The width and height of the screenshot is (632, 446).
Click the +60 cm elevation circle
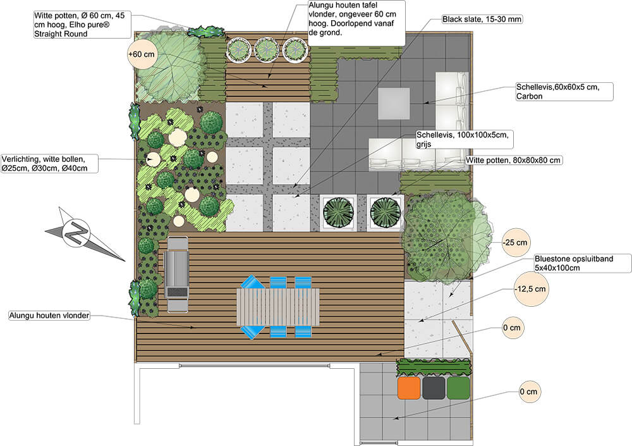(141, 54)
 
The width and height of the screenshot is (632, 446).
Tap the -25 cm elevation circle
(515, 242)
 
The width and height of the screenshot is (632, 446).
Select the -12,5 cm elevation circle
(530, 289)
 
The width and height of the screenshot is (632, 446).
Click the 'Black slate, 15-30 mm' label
(482, 19)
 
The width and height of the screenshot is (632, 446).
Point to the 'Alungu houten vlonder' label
(49, 316)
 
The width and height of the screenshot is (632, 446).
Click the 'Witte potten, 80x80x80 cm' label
(513, 160)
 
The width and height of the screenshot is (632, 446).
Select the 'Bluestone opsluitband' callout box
(583, 263)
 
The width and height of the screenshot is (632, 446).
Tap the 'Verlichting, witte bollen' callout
(49, 164)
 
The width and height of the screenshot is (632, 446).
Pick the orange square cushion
(409, 388)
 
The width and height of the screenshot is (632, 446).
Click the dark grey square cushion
(434, 388)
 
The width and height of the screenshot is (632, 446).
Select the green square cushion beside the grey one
(458, 388)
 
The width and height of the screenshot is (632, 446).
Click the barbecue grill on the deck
(176, 275)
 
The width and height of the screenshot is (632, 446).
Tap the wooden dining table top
(278, 307)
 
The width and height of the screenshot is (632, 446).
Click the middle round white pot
(267, 49)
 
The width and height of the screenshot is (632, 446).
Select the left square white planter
(339, 213)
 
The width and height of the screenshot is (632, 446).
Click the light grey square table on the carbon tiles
(394, 104)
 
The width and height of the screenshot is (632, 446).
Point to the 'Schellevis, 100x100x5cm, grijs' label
(462, 139)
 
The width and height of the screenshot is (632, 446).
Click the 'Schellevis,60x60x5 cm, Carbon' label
(564, 92)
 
